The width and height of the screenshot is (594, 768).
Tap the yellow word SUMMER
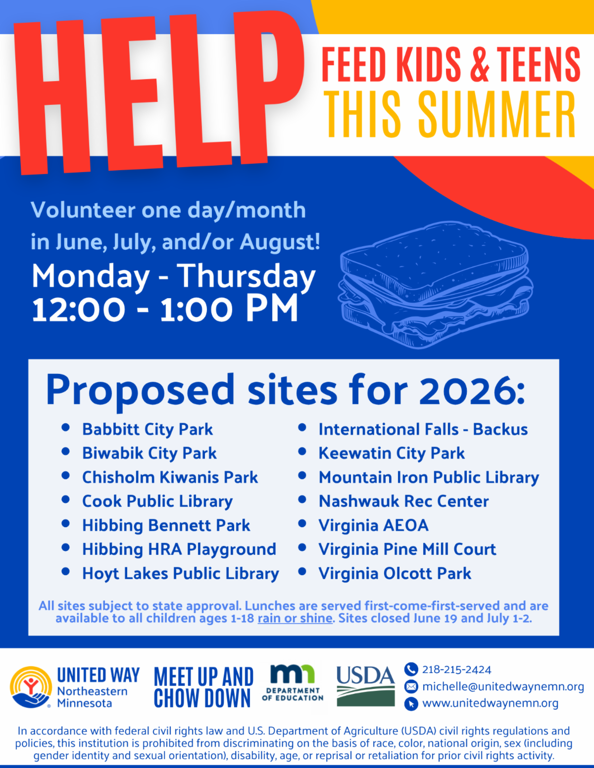497,115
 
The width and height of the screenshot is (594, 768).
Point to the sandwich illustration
436,285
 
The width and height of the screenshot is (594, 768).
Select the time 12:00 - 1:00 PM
165,309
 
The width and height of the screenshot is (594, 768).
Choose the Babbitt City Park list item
148,429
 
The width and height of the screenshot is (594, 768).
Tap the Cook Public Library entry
157,501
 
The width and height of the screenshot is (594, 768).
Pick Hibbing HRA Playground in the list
179,549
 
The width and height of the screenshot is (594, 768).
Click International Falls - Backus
423,429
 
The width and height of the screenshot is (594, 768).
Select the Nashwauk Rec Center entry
403,501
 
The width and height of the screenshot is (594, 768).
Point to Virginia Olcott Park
395,573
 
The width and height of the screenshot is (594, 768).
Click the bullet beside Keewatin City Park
302,452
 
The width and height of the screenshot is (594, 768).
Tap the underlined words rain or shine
295,619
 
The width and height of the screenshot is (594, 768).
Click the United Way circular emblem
31,687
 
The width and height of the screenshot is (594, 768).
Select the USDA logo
365,686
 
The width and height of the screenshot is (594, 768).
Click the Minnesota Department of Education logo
293,683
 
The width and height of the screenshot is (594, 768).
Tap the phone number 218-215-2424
457,670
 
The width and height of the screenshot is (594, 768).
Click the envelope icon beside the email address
411,686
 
